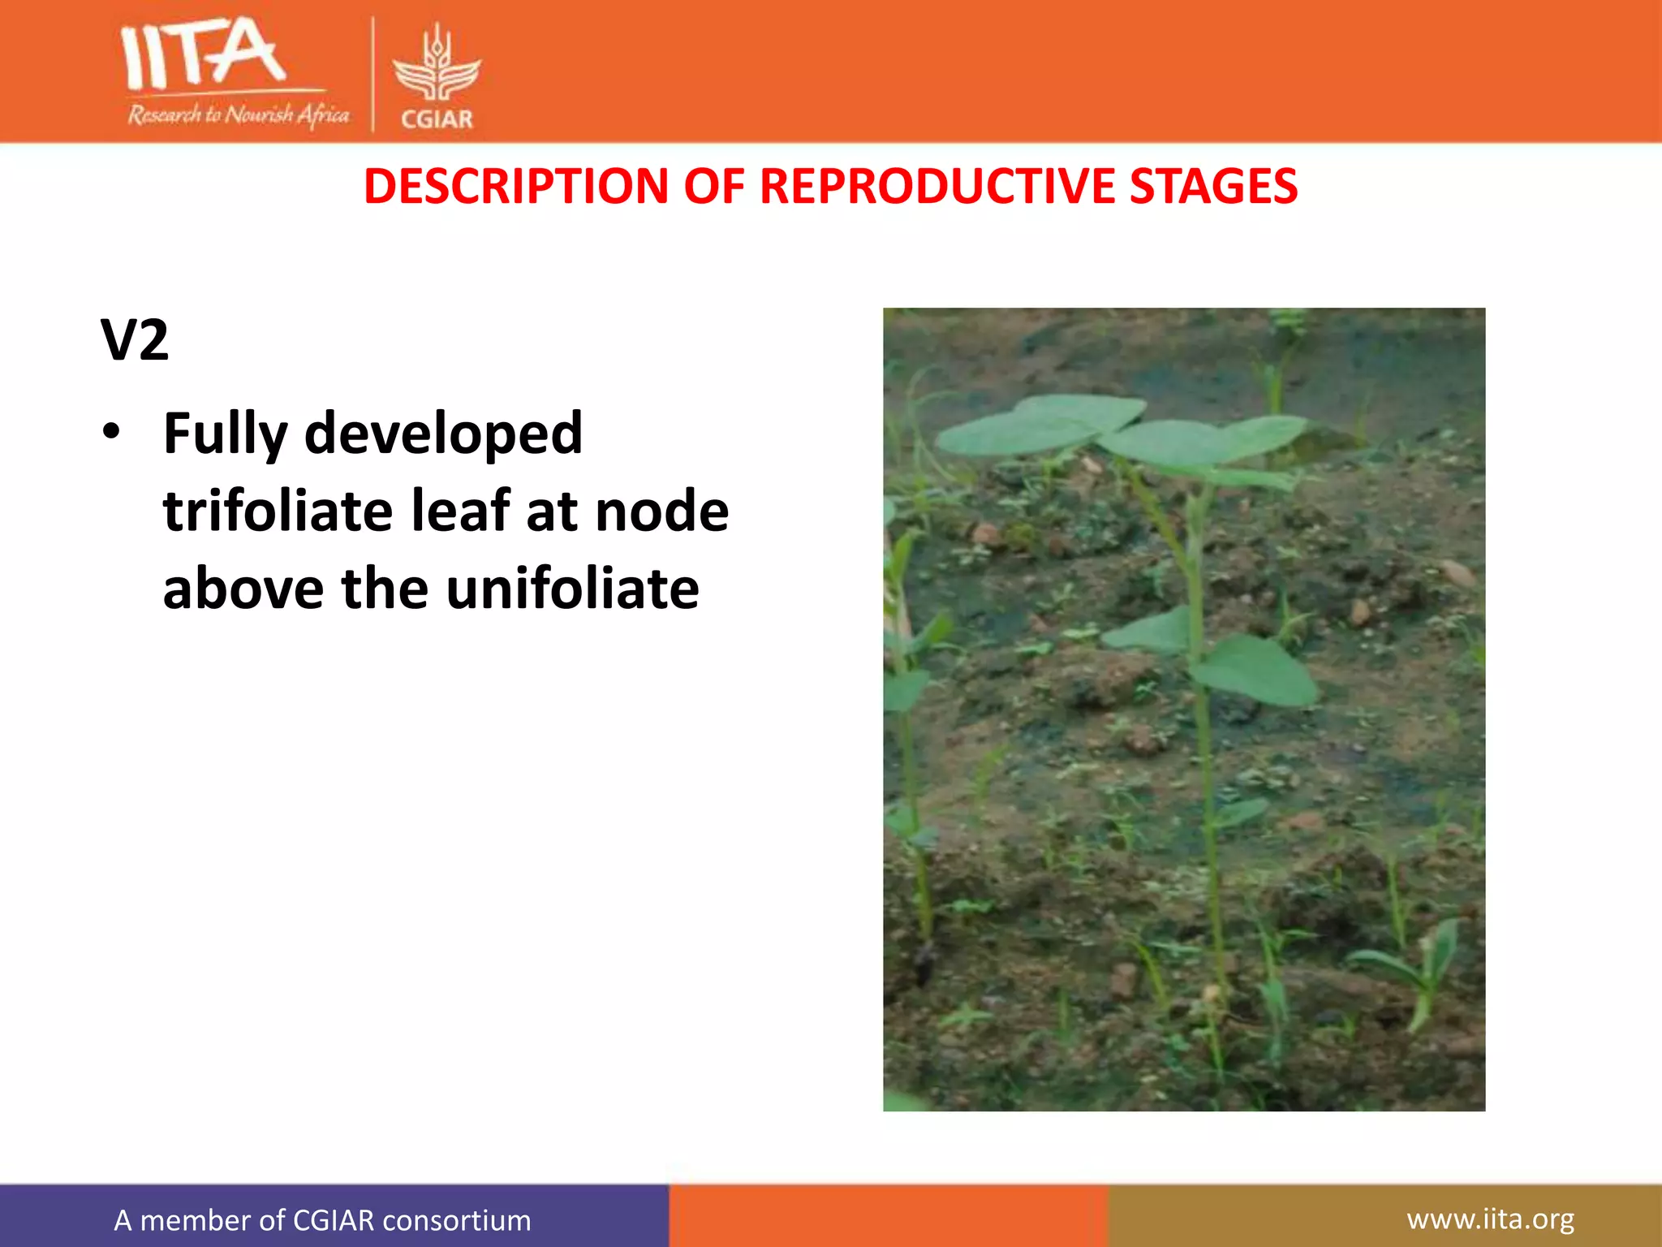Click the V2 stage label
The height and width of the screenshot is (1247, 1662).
pyautogui.click(x=135, y=340)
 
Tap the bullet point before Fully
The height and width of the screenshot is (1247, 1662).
pyautogui.click(x=111, y=431)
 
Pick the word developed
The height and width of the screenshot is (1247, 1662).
pyautogui.click(x=443, y=434)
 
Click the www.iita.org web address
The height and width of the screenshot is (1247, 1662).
pyautogui.click(x=1490, y=1219)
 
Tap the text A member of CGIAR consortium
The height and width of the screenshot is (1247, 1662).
pyautogui.click(x=322, y=1220)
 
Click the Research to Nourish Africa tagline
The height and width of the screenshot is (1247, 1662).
pyautogui.click(x=238, y=114)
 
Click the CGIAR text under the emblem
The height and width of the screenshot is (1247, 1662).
pyautogui.click(x=437, y=119)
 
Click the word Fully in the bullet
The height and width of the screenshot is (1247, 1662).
pyautogui.click(x=225, y=434)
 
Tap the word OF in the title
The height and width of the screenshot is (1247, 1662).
pyautogui.click(x=713, y=187)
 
